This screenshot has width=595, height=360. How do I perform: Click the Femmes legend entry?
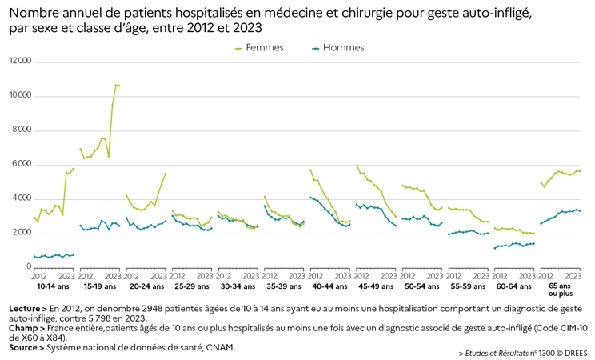[260, 48]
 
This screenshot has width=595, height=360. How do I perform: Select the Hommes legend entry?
[337, 48]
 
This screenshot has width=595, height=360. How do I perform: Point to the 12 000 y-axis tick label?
[20, 61]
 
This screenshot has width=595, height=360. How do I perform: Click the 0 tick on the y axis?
[30, 266]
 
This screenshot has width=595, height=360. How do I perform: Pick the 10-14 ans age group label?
[53, 286]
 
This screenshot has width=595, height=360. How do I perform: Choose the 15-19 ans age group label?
[100, 286]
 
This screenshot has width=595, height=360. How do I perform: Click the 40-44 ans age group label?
[329, 286]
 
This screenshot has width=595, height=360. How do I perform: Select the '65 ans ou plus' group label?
[560, 290]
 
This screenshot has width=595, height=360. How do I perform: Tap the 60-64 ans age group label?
[513, 286]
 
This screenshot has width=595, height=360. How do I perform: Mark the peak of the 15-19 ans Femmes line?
[116, 85]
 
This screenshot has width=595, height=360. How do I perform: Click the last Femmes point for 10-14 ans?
[74, 169]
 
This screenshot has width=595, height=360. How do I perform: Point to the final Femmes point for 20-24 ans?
[165, 174]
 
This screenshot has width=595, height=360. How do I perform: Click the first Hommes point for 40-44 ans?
[311, 198]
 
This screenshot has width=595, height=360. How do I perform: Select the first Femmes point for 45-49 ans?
[357, 166]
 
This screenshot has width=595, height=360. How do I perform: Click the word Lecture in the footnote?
[24, 309]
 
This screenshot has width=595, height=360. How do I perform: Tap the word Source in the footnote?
[23, 347]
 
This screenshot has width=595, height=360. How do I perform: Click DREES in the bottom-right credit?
[576, 353]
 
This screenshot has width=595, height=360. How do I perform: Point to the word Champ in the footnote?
[23, 328]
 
